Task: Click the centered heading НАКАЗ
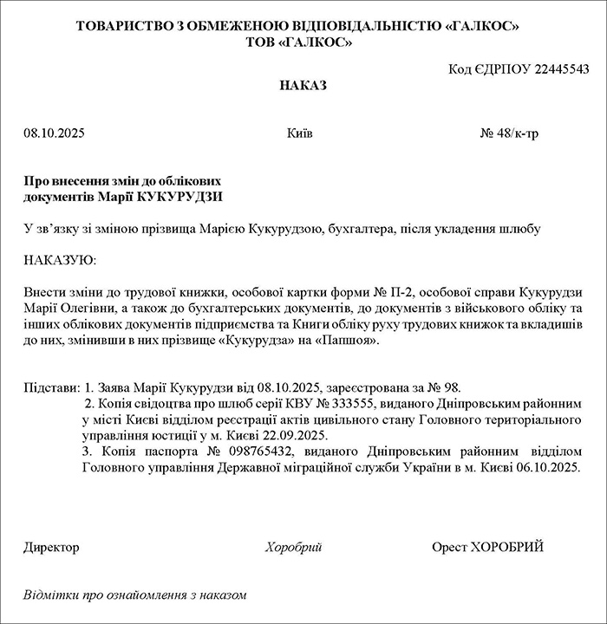[x=303, y=86]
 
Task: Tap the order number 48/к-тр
[x=518, y=134]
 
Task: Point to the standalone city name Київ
[x=299, y=134]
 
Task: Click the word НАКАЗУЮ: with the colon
[x=61, y=260]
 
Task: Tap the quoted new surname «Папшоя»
[x=347, y=340]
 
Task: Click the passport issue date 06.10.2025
[x=546, y=467]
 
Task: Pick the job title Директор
[x=51, y=547]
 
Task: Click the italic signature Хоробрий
[x=294, y=547]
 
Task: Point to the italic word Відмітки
[x=50, y=595]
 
